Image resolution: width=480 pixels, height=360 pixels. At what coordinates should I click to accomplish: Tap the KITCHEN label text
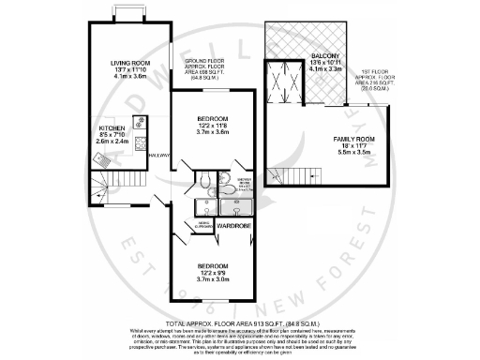pyautogui.click(x=112, y=126)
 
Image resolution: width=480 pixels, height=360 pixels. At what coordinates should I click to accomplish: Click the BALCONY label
pyautogui.click(x=326, y=56)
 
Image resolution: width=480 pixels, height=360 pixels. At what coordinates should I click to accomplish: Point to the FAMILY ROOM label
pyautogui.click(x=354, y=140)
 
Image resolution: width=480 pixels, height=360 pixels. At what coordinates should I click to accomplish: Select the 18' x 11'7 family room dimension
pyautogui.click(x=354, y=148)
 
